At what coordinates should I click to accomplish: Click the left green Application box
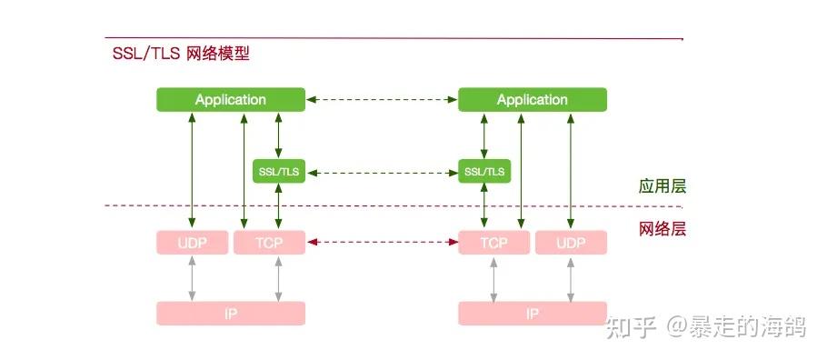[x=230, y=100]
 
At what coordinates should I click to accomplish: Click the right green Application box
[x=532, y=100]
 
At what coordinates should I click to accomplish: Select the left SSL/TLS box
[x=278, y=171]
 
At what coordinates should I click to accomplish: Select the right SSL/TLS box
[x=484, y=171]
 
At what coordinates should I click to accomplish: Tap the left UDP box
[x=192, y=243]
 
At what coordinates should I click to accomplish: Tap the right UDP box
[x=571, y=243]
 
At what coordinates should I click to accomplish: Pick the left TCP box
[x=269, y=243]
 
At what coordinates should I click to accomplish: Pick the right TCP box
[x=493, y=243]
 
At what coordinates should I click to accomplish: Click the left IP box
[x=230, y=314]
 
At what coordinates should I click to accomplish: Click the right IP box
[x=532, y=314]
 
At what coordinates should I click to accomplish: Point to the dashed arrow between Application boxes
[x=382, y=100]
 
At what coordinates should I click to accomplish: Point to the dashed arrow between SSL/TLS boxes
[x=382, y=171]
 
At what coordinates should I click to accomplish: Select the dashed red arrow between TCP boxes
[x=382, y=243]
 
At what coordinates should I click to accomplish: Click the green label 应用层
[x=661, y=186]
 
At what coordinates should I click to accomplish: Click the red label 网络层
[x=661, y=228]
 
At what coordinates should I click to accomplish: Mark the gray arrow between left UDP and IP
[x=192, y=278]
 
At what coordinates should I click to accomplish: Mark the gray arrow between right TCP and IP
[x=493, y=278]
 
